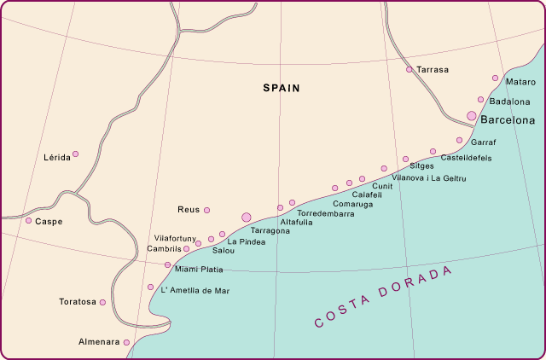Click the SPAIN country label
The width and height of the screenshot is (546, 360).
coord(282,88)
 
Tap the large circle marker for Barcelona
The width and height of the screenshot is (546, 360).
coord(471,115)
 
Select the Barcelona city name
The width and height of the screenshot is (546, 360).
coord(508,120)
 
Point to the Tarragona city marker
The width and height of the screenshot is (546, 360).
coord(247,218)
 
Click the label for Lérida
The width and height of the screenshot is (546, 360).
coord(56,158)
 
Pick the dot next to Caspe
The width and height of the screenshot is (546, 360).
coord(28,220)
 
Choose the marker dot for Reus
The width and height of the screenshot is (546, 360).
coord(206,210)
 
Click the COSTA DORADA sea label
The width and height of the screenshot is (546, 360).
coord(383,298)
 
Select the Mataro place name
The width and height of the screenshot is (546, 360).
coord(520,82)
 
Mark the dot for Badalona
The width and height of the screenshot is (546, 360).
coord(481,100)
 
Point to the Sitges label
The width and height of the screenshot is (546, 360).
coord(421,165)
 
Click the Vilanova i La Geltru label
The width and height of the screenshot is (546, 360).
coord(429,177)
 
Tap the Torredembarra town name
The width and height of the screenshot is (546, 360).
coord(325,213)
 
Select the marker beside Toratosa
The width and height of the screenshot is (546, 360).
coord(103,302)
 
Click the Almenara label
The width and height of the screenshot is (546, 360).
coord(98,341)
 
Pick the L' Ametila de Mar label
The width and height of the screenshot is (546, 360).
coord(195,290)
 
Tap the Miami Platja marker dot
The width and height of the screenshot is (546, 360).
coord(168,265)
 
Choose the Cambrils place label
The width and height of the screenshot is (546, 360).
coord(165,248)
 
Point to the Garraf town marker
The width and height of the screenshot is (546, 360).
coord(460,140)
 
